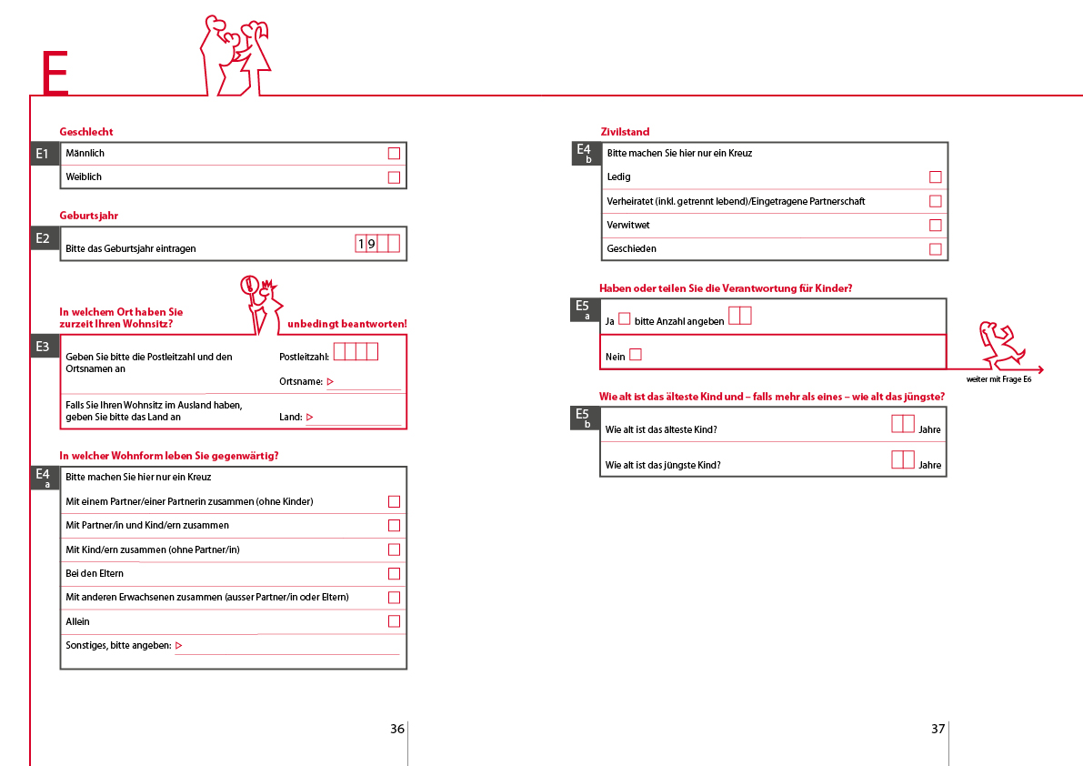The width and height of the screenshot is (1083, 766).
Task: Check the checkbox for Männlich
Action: pos(394,154)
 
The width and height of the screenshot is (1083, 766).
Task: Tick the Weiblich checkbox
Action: pos(394,177)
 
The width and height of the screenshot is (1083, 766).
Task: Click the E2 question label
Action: pos(44,238)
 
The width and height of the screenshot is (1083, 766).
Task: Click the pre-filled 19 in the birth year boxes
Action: pos(366,244)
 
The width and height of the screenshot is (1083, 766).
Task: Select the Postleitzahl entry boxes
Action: pos(356,351)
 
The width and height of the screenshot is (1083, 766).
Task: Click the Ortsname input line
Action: pos(364,383)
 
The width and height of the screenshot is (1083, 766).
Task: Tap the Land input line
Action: pos(355,418)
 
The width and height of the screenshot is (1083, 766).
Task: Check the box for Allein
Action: pos(394,621)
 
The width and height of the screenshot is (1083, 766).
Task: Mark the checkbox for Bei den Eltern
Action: pos(394,573)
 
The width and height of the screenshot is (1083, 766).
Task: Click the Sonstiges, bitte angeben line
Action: pos(286,646)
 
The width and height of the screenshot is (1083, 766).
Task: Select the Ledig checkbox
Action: pos(935,177)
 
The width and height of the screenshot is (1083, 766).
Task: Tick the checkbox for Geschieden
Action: pos(935,249)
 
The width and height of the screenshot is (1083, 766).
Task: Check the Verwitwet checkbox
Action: pos(935,225)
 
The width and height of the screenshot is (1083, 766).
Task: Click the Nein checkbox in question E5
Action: pos(636,355)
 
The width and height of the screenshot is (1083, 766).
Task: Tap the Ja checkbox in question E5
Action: pos(624,319)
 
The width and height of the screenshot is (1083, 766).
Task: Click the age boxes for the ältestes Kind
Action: pos(902,424)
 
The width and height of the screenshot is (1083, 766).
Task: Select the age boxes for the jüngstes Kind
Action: pos(902,459)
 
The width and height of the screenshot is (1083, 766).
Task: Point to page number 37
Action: pos(938,729)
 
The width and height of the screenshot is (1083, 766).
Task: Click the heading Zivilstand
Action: pos(625,132)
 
